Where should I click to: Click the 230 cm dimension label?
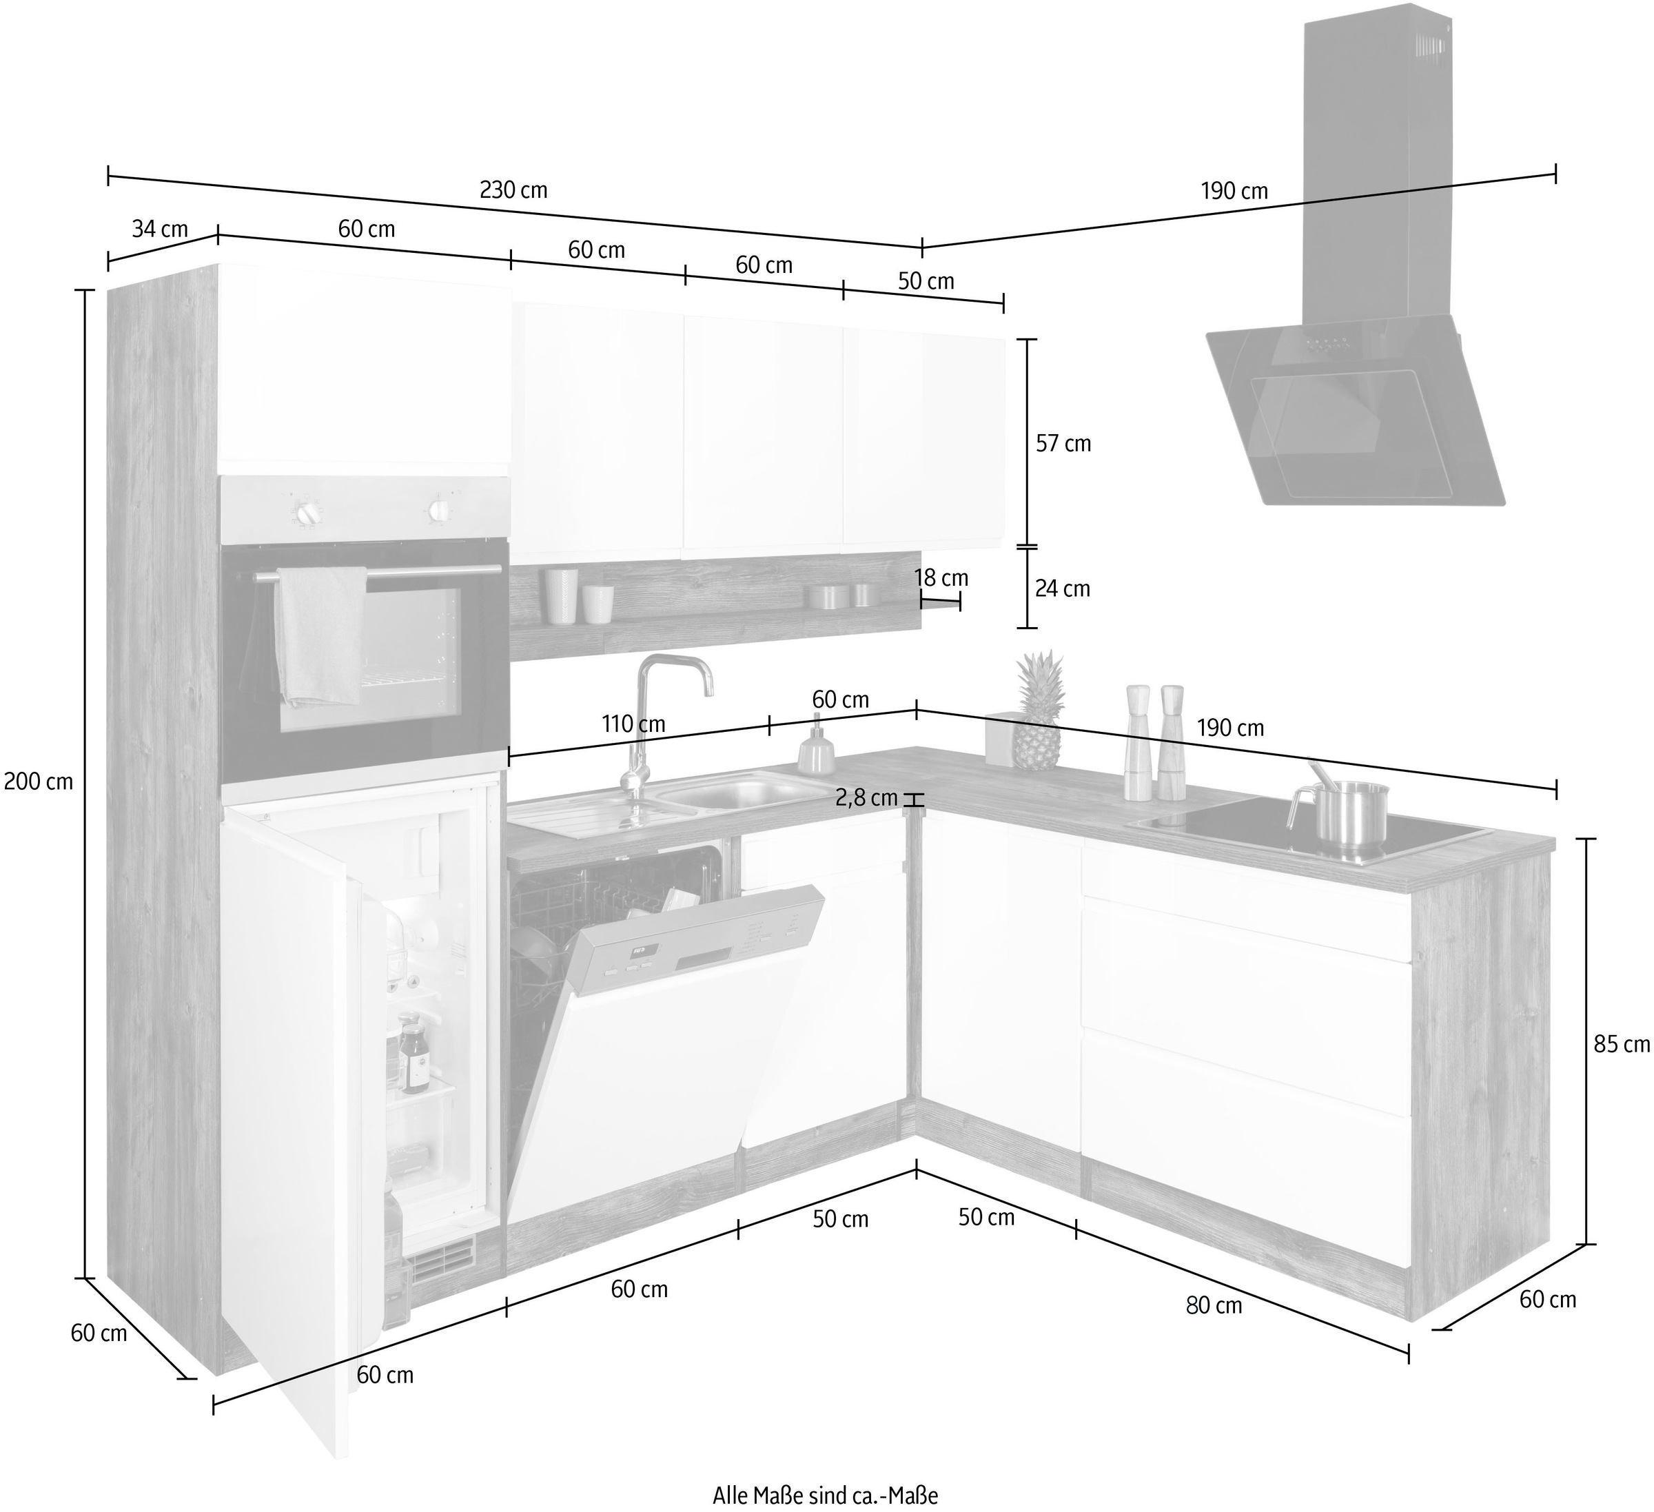(513, 190)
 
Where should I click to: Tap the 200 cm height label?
(39, 781)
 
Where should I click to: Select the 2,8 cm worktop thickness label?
(866, 797)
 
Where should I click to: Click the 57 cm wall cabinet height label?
(1063, 444)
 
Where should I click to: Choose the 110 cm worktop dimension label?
(633, 724)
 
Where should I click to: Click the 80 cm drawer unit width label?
(1214, 1305)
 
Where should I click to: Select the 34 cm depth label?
(160, 229)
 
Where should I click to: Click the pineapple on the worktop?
(1038, 711)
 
